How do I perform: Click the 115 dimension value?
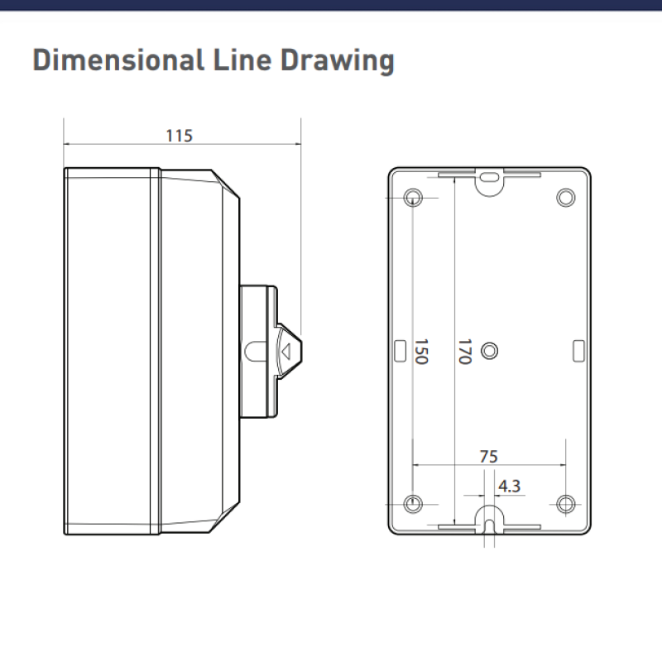(180, 136)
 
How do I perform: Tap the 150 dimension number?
(421, 351)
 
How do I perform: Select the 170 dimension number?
(465, 351)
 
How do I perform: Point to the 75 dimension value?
(489, 457)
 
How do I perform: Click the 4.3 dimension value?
(509, 487)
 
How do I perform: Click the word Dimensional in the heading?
(118, 60)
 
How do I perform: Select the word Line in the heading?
(242, 60)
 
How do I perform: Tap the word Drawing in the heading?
(338, 61)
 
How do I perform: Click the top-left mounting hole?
(413, 198)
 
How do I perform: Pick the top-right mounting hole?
(566, 198)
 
